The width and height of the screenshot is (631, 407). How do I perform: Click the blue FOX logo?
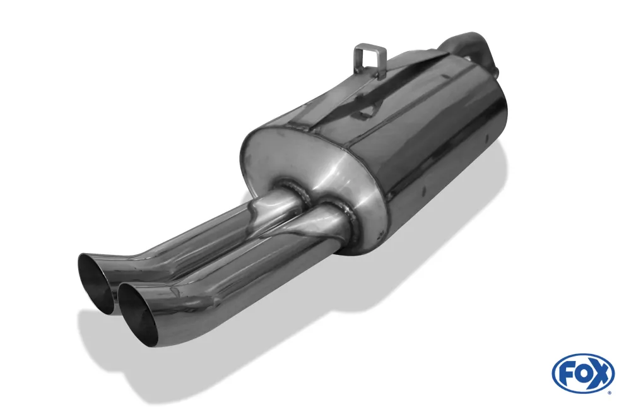pyautogui.click(x=583, y=373)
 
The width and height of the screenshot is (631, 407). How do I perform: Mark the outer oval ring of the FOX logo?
pyautogui.click(x=583, y=355)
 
